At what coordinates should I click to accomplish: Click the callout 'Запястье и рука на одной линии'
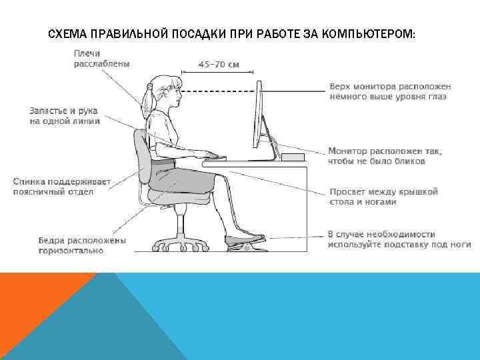coord(65,116)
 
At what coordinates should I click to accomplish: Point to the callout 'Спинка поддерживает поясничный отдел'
coord(62,186)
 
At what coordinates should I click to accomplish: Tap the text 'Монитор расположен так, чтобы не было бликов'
coord(385,155)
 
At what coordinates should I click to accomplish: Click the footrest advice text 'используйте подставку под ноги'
coord(399,244)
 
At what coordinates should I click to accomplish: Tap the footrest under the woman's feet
coord(245,240)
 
